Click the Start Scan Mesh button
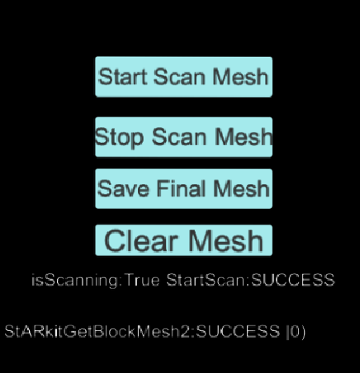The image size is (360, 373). pos(183,77)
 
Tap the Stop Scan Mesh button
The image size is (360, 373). pos(183,137)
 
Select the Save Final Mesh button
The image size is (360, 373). pos(183,189)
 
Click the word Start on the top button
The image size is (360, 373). pos(122,77)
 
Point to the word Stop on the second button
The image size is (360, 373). pos(119,138)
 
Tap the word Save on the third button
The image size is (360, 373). pos(123,189)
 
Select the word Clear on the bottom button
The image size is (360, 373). pos(140,241)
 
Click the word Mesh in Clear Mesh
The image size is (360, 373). pos(226,241)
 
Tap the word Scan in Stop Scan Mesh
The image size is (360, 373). pos(179,137)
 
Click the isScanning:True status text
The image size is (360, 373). pos(95,281)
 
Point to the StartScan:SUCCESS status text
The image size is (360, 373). pos(250,280)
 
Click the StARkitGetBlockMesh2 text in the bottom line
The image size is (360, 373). pos(97,331)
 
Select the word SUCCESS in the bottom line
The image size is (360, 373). pos(238,331)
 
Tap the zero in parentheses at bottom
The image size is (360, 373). pos(295,332)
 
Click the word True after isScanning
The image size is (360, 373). pos(142,280)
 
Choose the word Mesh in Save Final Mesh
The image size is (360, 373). pos(241,189)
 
